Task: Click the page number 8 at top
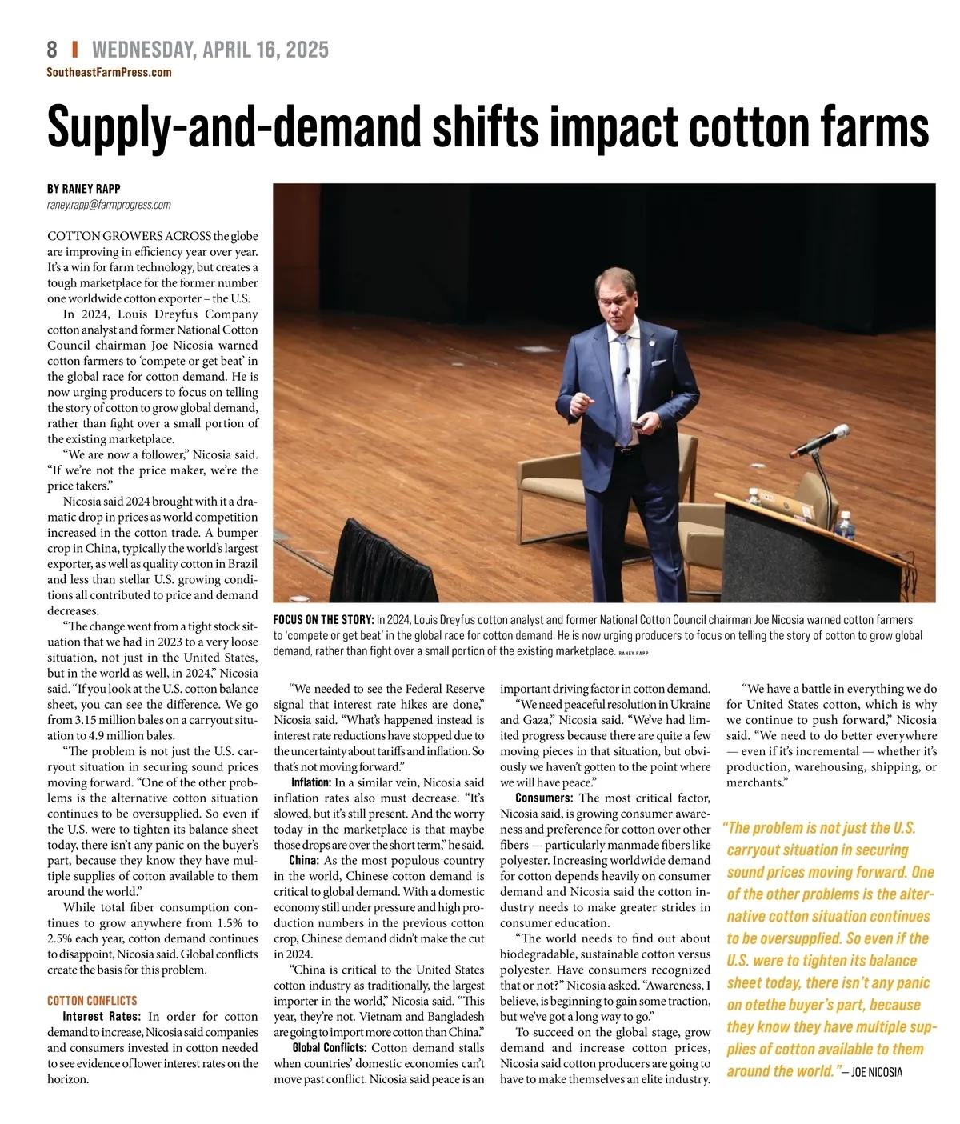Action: [52, 50]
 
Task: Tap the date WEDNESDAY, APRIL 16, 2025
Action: [210, 50]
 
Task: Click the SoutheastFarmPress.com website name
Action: [109, 72]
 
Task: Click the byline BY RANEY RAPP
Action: [84, 189]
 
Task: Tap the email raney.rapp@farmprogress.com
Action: [109, 205]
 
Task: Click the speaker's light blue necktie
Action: [622, 384]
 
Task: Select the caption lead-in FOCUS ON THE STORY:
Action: [323, 620]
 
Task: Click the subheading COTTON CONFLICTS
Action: [92, 1001]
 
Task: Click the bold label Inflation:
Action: [310, 782]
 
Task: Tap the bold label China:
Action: [304, 861]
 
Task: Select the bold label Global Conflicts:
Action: [329, 1048]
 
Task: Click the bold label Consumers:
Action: [544, 798]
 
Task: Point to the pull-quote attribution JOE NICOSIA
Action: [874, 1072]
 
